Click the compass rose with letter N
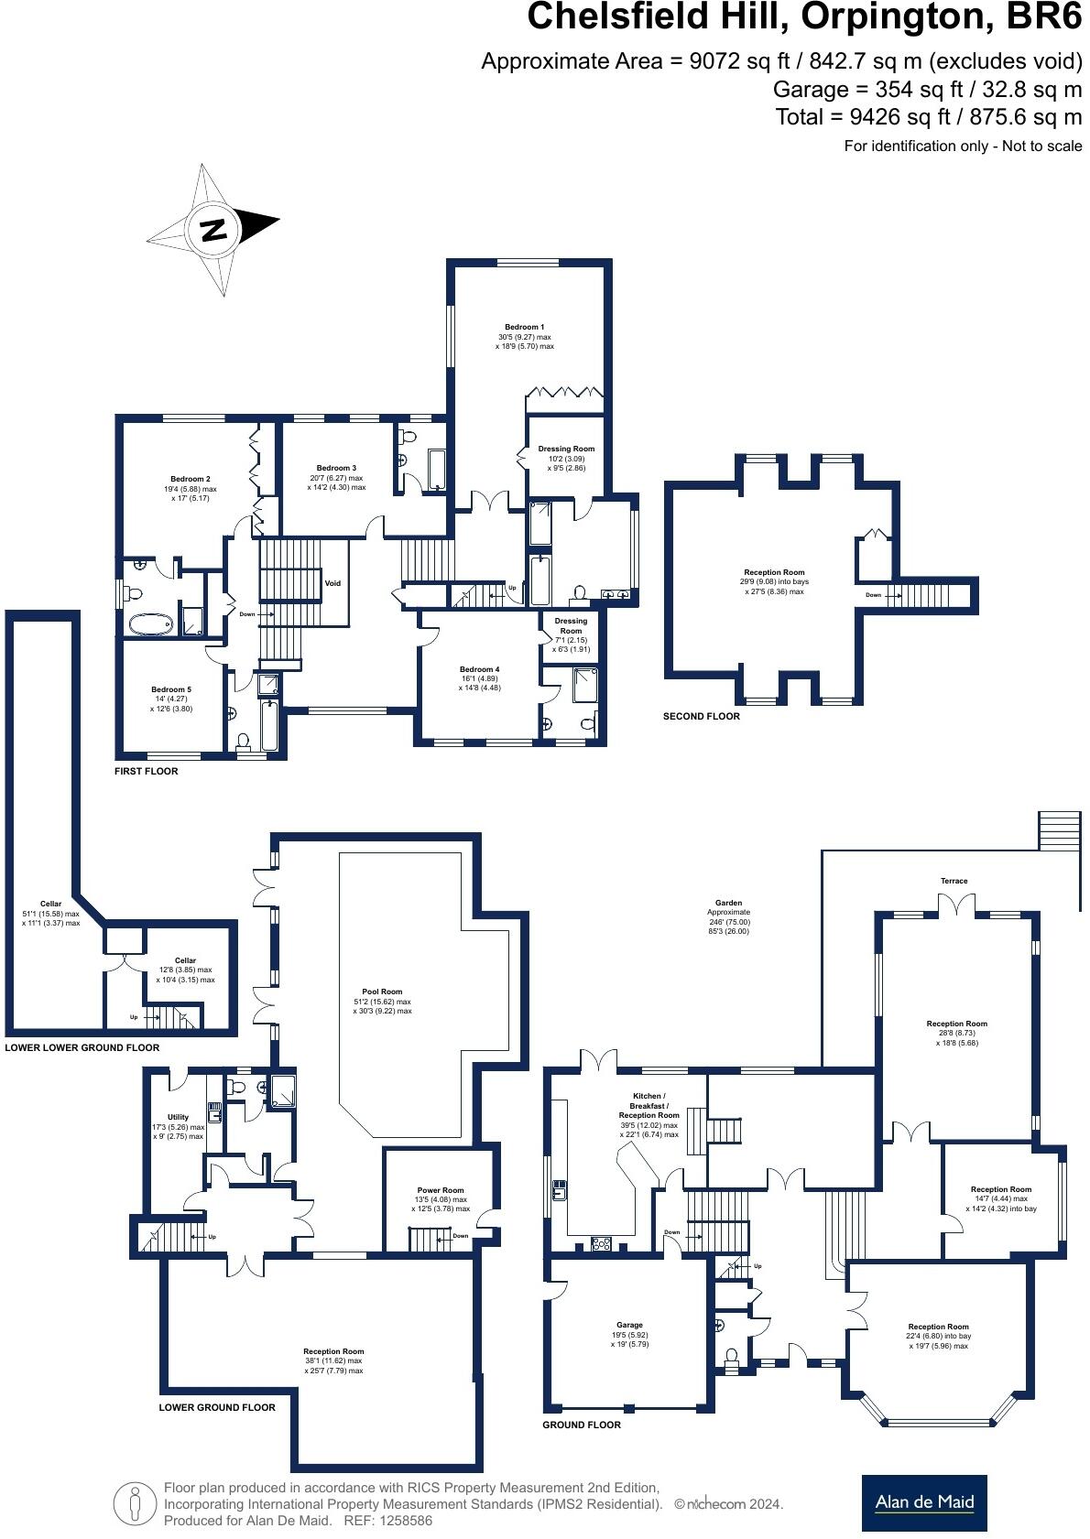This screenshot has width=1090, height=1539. pos(213,228)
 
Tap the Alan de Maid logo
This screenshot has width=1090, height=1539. pos(923,1502)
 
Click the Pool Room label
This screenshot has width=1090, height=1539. pos(382,992)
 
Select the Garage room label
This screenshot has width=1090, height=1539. pos(629,1325)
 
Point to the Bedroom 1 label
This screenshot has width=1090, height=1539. pos(524,327)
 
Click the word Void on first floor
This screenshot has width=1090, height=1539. pos(333,583)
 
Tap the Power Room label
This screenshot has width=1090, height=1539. pos(441,1190)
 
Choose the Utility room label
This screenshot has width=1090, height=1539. pos(178,1117)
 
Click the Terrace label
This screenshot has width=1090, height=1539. pos(954,881)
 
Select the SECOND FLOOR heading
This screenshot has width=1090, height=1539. pos(701,716)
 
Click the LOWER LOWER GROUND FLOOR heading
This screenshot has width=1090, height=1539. pos(82,1047)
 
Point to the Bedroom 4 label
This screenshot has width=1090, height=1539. pos(479,669)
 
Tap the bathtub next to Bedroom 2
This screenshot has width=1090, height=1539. pos(150,624)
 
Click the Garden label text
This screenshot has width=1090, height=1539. pos(729,903)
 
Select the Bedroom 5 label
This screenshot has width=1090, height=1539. pos(171,689)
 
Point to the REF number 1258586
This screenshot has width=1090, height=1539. pos(401,1521)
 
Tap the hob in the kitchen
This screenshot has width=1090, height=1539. pos(602,1243)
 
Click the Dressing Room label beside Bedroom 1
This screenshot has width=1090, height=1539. pos(566,449)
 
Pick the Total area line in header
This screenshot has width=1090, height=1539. pos(928,117)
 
